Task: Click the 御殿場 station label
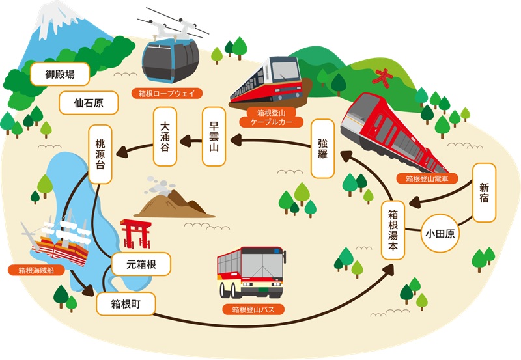pyautogui.click(x=60, y=74)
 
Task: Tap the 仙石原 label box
pyautogui.click(x=89, y=103)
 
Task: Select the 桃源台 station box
pyautogui.click(x=100, y=154)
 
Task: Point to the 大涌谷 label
pyautogui.click(x=165, y=137)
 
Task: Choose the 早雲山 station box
pyautogui.click(x=214, y=137)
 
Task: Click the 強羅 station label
pyautogui.click(x=322, y=148)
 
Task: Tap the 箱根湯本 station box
pyautogui.click(x=393, y=230)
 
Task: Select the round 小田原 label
pyautogui.click(x=440, y=234)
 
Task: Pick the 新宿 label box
pyautogui.click(x=484, y=193)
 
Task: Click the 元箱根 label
pyautogui.click(x=141, y=264)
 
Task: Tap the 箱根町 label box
pyautogui.click(x=126, y=303)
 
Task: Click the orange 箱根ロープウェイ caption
pyautogui.click(x=167, y=93)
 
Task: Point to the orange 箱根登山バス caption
pyautogui.click(x=253, y=309)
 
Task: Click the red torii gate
pyautogui.click(x=135, y=234)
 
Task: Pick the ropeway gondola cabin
pyautogui.click(x=171, y=61)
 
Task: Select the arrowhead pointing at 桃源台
pyautogui.click(x=122, y=152)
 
